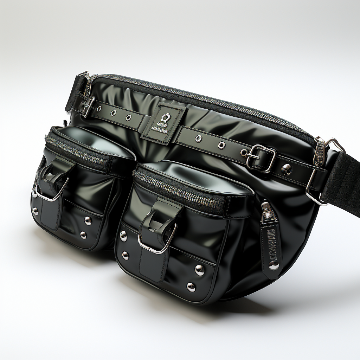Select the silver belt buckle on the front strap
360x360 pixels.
[x=261, y=158]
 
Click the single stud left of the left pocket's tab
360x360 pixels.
[x=35, y=211]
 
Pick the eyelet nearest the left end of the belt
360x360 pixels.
[x=113, y=113]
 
